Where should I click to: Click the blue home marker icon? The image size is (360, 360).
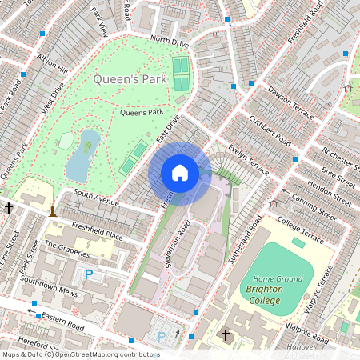180,173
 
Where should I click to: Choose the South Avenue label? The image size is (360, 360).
96,194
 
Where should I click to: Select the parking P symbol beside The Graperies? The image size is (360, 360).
89,274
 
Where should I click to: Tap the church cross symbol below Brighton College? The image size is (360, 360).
226,334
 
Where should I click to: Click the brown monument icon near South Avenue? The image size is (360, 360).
53,210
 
